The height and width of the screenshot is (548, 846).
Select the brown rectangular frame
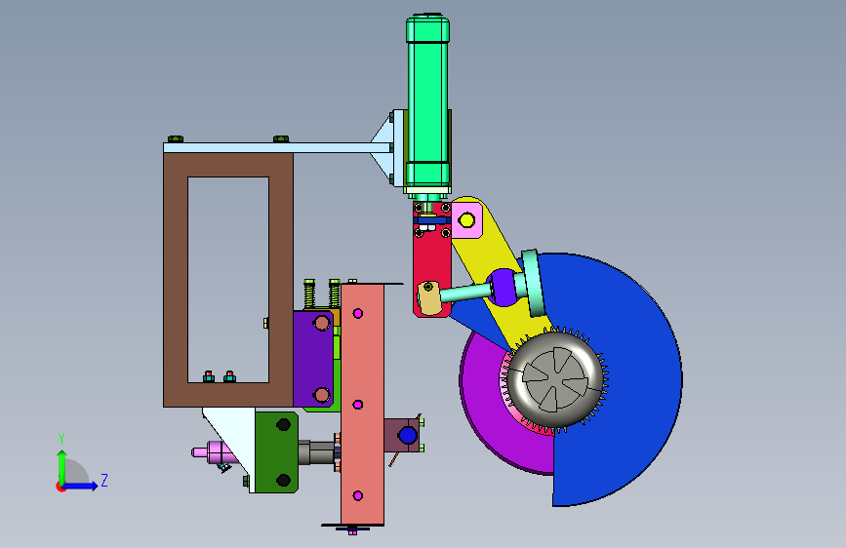click(176, 280)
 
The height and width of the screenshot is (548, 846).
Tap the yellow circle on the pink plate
click(466, 220)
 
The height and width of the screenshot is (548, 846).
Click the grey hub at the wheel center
click(555, 379)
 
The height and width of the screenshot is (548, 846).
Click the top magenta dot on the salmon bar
click(358, 313)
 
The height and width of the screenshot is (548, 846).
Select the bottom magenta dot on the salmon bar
click(357, 495)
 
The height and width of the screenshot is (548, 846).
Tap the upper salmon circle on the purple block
click(322, 323)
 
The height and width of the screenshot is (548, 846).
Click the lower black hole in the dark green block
click(283, 480)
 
